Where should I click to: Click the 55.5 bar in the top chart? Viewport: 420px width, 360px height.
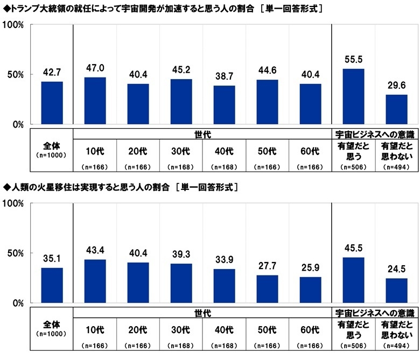pos(353,96)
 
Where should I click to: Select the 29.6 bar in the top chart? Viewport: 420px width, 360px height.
pos(396,109)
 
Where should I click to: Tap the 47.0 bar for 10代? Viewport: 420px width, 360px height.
pos(95,101)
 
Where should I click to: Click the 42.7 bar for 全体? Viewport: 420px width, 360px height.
pos(52,103)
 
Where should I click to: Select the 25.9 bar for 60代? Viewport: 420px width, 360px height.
pos(310,290)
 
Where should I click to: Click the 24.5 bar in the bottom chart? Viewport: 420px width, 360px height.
pos(396,291)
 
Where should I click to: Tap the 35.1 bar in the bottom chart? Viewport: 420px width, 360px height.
pos(52,285)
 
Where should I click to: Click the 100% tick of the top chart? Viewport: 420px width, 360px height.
pos(13,25)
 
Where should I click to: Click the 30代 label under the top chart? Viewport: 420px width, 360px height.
pos(181,150)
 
